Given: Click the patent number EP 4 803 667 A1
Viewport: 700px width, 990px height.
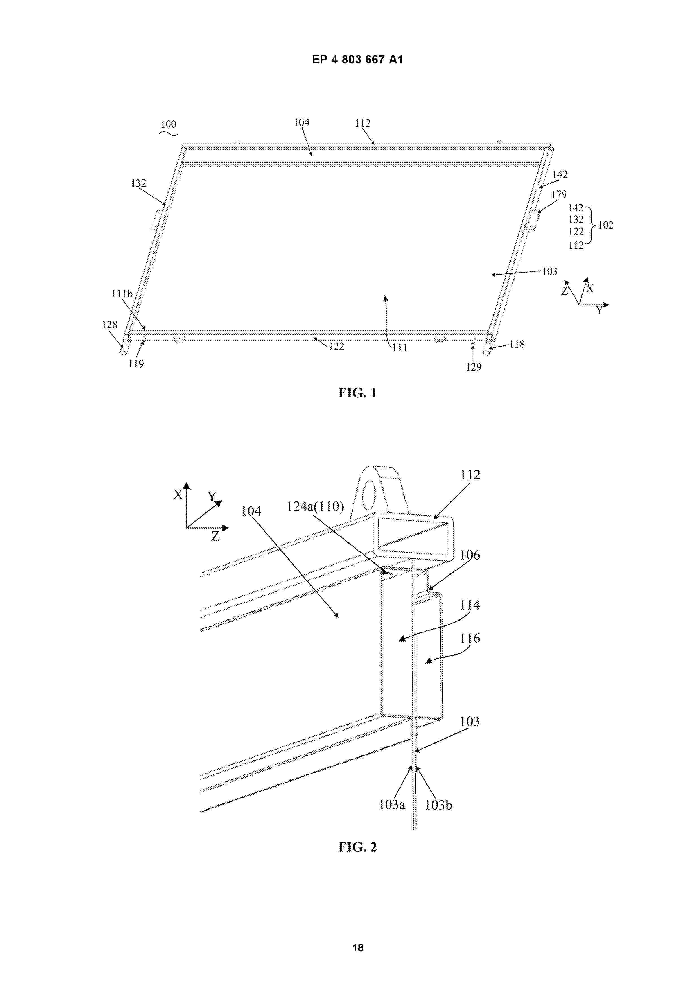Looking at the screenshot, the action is coord(358,60).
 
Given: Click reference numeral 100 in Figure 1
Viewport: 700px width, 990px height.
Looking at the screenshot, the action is coord(169,124).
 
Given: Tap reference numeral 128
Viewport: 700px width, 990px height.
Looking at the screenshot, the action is coord(110,325).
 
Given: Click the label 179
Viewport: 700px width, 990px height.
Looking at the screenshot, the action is coord(559,194).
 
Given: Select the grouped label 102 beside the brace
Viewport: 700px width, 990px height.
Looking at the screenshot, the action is coord(605,225).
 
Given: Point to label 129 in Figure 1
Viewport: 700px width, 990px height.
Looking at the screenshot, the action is coord(474,367).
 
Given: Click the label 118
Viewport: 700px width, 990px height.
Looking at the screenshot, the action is coord(517,344).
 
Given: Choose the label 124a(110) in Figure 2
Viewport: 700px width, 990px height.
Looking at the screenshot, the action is coord(315,506).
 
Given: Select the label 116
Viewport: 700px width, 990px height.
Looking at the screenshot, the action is coord(470,638).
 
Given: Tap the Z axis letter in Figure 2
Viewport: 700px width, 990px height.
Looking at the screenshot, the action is coord(215,536).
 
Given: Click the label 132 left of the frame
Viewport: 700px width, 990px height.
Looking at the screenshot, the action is coord(138,183).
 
